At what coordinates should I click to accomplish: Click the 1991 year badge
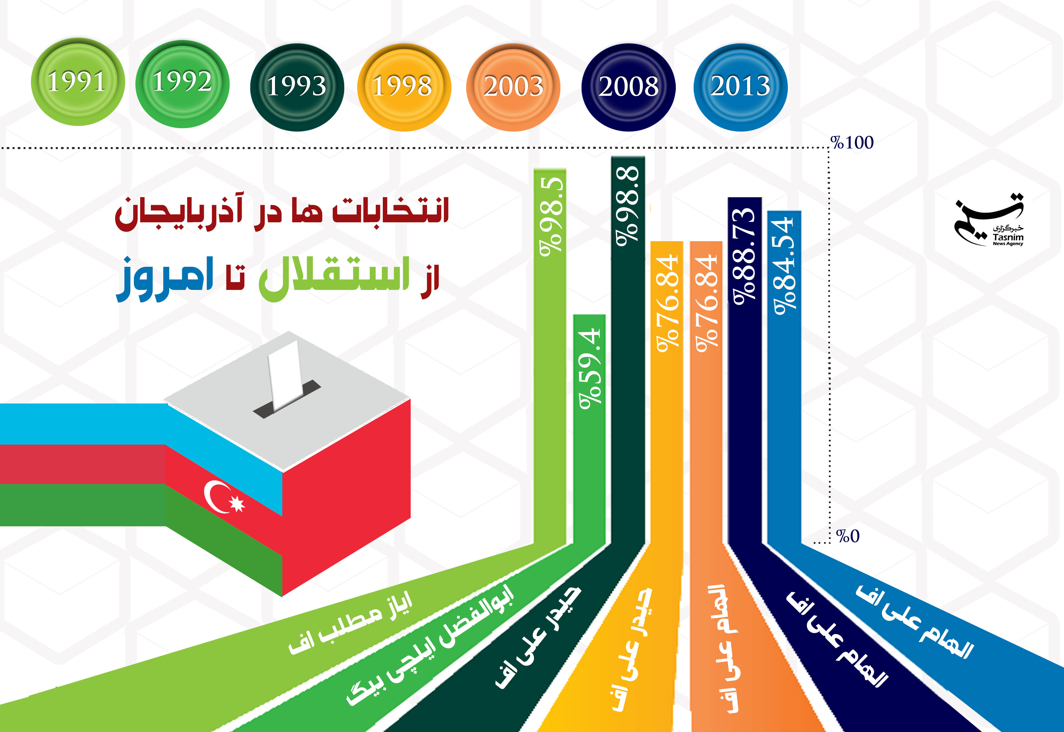click(77, 82)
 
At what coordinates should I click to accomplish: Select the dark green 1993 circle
click(297, 87)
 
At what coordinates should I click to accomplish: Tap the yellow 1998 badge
click(404, 87)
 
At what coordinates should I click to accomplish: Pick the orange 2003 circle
click(513, 87)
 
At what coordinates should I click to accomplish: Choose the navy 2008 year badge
click(628, 87)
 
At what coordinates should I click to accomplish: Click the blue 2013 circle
click(741, 87)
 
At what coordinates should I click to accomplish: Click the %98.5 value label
click(551, 216)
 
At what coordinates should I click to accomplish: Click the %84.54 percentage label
click(784, 266)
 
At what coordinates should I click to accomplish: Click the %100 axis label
click(852, 143)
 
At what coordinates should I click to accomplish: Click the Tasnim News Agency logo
click(989, 220)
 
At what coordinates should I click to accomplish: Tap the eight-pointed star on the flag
click(237, 503)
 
